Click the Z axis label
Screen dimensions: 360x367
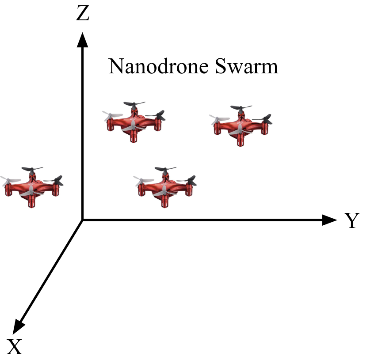pyautogui.click(x=83, y=14)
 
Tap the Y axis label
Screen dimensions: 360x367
pyautogui.click(x=352, y=221)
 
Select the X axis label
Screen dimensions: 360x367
pyautogui.click(x=15, y=347)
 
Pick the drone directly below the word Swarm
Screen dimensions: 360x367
pyautogui.click(x=241, y=126)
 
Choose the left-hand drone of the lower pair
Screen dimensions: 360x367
pyautogui.click(x=32, y=187)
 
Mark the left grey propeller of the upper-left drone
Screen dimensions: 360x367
pyautogui.click(x=111, y=116)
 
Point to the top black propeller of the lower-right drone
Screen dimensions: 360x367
pyautogui.click(x=165, y=170)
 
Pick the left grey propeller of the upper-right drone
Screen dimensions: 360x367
pyautogui.click(x=218, y=120)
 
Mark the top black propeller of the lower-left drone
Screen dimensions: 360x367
pyautogui.click(x=31, y=170)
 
